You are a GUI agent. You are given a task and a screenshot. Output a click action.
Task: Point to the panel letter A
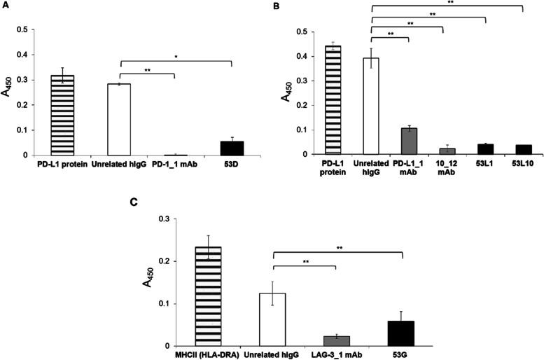click(x=5, y=5)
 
